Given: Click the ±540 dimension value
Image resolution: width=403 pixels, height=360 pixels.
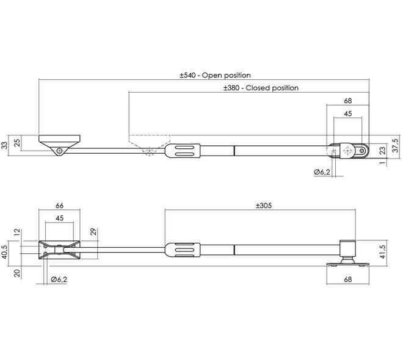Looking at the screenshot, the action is click(187, 75).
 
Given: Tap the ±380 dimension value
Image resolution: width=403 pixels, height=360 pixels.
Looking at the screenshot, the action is click(231, 88).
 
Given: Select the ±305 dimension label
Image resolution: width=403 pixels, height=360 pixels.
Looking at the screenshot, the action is click(264, 206).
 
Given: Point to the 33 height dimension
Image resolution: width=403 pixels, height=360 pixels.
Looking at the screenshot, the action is click(5, 145).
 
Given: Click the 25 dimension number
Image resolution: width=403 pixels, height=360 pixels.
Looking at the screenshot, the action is click(17, 143).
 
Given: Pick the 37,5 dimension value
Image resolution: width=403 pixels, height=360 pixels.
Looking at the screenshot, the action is click(396, 145).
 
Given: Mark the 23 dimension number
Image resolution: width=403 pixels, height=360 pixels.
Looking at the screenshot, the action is click(383, 150).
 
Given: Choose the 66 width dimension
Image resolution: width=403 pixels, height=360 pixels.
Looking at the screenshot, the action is click(59, 206).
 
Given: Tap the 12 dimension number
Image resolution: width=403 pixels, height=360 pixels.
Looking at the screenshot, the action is click(17, 232).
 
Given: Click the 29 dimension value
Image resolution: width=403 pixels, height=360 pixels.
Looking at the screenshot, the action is click(93, 231).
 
